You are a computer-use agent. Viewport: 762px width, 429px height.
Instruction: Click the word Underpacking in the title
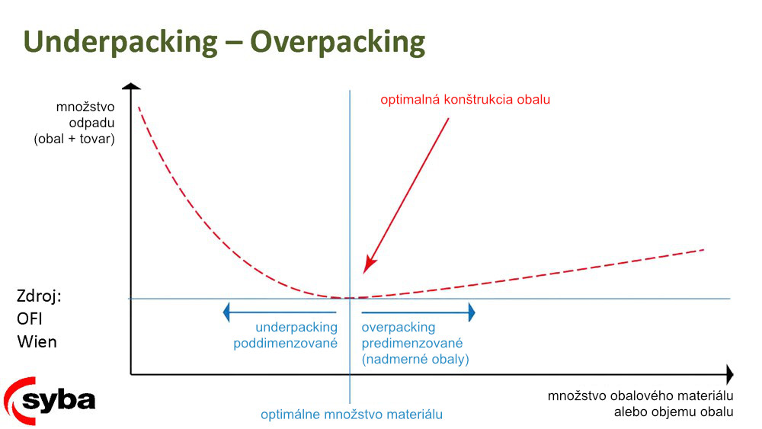(120, 42)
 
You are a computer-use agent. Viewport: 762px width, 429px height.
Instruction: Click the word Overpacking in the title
(338, 42)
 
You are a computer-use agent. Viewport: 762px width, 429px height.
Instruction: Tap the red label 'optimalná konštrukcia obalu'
(465, 100)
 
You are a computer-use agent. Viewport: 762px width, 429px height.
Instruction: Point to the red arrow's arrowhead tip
(364, 273)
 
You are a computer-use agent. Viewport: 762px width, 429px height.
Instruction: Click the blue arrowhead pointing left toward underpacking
(226, 312)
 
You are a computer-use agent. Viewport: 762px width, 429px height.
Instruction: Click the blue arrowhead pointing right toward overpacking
(472, 312)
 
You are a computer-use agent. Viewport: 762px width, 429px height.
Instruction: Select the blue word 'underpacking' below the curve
(296, 328)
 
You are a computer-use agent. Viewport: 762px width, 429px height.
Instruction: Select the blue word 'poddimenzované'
(285, 343)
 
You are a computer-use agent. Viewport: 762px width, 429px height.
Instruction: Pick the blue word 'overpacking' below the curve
(399, 328)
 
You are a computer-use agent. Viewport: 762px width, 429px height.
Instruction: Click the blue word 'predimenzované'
(412, 343)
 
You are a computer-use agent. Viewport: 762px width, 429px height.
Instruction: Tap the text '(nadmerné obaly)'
(415, 359)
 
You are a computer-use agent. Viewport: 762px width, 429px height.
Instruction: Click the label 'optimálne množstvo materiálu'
(351, 415)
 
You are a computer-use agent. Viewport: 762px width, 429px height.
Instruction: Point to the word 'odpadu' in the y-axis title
(92, 123)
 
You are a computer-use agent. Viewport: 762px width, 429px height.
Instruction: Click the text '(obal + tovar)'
(75, 139)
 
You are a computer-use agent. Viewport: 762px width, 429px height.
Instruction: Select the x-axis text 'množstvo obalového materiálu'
(641, 396)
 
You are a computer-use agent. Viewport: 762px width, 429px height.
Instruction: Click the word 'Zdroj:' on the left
(39, 296)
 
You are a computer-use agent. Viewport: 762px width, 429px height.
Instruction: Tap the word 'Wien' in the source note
(37, 341)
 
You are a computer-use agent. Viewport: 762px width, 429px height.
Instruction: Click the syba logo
(49, 401)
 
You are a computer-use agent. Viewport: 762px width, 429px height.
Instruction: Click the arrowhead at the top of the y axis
(131, 86)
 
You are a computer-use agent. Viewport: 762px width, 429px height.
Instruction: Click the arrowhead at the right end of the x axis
(730, 375)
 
